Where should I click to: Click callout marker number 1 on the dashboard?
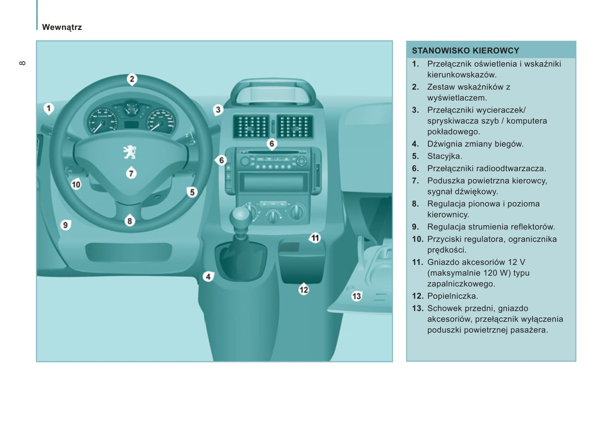tap(49, 109)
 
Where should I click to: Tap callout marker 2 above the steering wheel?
tap(132, 79)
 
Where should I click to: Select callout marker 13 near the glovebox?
tap(356, 296)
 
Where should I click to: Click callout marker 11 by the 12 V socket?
tap(315, 238)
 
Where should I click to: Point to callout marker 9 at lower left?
tap(65, 225)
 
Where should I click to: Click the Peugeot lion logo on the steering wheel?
tap(130, 152)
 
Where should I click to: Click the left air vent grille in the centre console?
tap(251, 126)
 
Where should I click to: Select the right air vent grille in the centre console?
tap(294, 126)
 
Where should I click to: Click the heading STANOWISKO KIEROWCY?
tap(465, 50)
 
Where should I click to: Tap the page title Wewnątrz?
tap(62, 27)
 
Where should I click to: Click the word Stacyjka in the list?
tap(444, 156)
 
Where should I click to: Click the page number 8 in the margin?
tap(22, 63)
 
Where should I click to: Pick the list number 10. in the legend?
tap(417, 239)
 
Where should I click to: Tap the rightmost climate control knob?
tap(297, 211)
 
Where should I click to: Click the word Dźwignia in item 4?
tap(444, 144)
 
